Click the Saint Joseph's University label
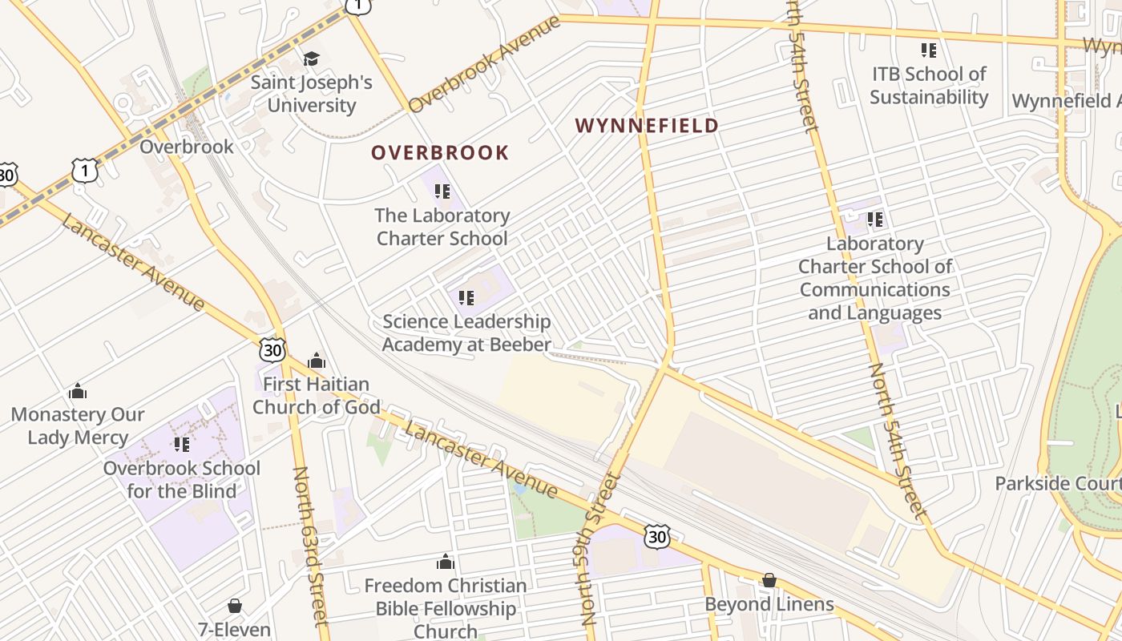pos(311,94)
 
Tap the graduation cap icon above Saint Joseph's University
pos(311,58)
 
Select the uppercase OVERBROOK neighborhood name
pos(440,152)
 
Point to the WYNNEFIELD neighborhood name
pos(647,126)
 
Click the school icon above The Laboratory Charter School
pos(442,191)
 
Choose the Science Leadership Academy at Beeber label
pos(466,333)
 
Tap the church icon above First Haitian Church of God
pos(317,361)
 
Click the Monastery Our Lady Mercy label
pos(78,425)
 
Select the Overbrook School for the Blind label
pos(182,479)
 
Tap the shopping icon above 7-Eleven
pos(235,605)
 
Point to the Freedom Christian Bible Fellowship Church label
pos(446,608)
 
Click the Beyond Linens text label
pos(769,604)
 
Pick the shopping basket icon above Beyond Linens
pos(769,579)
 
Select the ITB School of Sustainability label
pos(929,86)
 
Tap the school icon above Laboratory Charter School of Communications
pos(875,219)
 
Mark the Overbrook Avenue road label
pos(484,64)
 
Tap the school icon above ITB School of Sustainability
pos(929,50)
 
